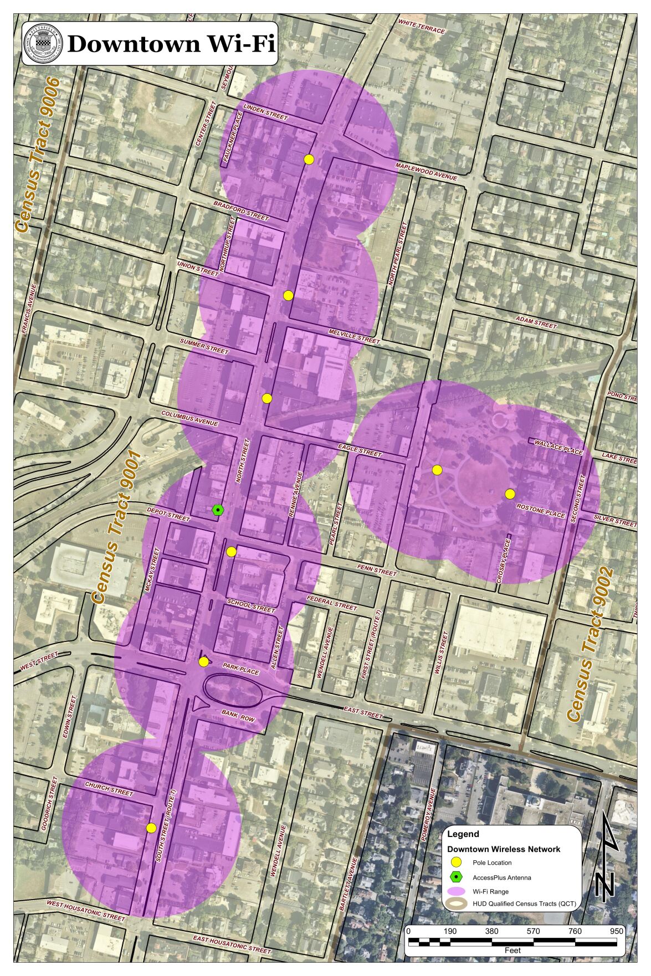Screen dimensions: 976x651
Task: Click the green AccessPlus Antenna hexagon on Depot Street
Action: coord(218,510)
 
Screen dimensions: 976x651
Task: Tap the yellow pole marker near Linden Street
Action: coord(309,159)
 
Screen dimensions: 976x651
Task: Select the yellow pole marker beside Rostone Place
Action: coord(510,494)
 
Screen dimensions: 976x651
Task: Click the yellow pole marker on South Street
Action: coord(151,828)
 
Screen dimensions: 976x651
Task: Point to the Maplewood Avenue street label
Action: coord(426,172)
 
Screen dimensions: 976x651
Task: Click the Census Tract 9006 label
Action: coord(37,155)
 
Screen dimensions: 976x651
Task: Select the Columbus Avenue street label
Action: coord(189,418)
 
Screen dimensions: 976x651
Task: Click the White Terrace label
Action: coord(422,27)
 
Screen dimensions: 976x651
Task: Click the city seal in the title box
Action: coord(43,44)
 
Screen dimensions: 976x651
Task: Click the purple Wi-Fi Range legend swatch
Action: coord(455,891)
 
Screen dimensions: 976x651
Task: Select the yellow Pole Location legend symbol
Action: coord(455,862)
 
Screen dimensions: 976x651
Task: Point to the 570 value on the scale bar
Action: coord(533,931)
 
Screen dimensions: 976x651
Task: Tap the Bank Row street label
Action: coord(238,715)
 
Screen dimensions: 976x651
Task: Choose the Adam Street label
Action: coord(535,322)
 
